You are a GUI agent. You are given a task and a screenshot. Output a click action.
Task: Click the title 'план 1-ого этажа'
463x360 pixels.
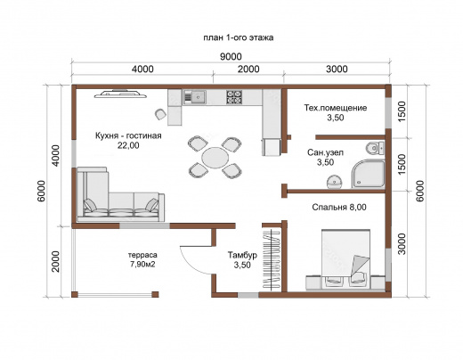[239, 38]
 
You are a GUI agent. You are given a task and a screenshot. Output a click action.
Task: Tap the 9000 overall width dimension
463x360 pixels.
[231, 56]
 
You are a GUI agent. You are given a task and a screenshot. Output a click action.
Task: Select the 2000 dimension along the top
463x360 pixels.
[248, 69]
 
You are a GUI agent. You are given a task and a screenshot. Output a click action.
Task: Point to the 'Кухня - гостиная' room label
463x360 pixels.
[128, 135]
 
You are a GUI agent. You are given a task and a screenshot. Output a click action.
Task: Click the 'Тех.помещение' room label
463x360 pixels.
[336, 108]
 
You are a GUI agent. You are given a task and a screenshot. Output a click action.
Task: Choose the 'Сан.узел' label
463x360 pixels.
[325, 152]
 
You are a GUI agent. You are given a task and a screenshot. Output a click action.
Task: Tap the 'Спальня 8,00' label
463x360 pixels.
[339, 207]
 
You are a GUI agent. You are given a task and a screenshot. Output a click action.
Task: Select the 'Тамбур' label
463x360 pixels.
[242, 255]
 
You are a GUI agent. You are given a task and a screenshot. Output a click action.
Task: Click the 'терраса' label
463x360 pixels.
[142, 255]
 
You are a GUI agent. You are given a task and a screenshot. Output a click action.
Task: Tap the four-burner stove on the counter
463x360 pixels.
[234, 97]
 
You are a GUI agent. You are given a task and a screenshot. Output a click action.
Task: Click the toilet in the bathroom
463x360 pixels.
[375, 148]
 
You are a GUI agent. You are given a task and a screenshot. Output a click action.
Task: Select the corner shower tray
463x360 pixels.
[369, 174]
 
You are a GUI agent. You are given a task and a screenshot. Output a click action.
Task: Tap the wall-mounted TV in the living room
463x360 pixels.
[120, 94]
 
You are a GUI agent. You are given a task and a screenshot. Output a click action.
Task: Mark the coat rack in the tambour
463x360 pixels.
[272, 258]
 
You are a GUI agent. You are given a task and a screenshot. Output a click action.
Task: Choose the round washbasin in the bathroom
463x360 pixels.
[335, 182]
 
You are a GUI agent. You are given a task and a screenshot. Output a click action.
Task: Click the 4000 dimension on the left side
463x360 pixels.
[56, 155]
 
